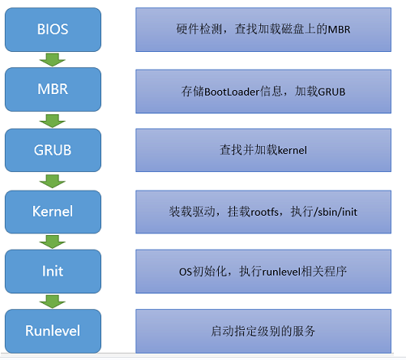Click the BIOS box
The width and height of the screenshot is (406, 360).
click(53, 29)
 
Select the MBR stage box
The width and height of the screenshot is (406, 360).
click(53, 89)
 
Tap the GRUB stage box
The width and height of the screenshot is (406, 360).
click(53, 150)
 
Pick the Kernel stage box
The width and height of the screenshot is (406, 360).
click(53, 212)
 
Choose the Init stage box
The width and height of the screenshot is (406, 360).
click(53, 271)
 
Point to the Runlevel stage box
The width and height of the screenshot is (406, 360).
click(53, 331)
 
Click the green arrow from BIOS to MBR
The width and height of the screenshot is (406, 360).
click(53, 60)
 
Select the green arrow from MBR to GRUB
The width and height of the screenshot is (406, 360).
click(53, 121)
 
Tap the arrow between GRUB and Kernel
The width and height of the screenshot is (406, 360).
click(53, 181)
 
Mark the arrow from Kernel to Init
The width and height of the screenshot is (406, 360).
click(53, 242)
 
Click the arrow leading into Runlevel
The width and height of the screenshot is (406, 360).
click(53, 302)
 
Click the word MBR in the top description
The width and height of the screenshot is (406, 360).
click(339, 29)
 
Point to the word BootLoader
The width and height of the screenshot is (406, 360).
click(232, 92)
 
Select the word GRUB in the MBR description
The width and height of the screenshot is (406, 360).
click(331, 92)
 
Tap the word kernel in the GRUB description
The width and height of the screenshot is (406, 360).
click(293, 150)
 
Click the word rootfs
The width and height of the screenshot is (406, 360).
click(265, 212)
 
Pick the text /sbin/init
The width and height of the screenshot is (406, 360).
click(335, 212)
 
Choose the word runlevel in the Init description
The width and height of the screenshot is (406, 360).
click(281, 272)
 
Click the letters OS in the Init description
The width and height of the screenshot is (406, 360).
click(186, 272)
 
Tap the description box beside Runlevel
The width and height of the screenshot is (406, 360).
click(263, 331)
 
